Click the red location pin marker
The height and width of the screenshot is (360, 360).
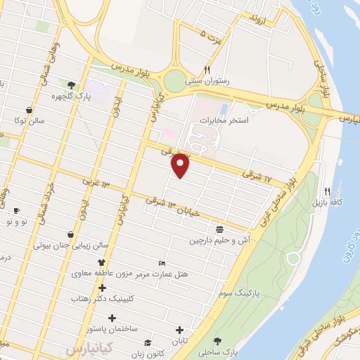click(x=181, y=166)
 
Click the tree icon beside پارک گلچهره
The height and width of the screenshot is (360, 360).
click(x=71, y=86)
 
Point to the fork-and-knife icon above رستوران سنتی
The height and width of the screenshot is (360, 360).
click(x=207, y=70)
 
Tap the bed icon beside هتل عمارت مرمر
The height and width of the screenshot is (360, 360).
click(x=162, y=262)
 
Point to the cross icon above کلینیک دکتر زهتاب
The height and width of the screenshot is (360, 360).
click(x=103, y=288)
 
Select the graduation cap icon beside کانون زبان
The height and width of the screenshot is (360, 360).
click(x=147, y=342)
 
